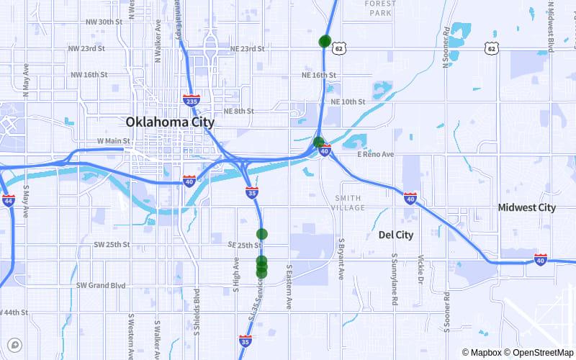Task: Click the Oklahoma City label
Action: point(169,122)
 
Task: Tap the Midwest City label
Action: point(527,207)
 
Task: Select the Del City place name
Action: point(396,235)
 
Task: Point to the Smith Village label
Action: point(350,202)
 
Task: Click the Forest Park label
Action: point(380,9)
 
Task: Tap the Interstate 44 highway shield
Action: point(8,199)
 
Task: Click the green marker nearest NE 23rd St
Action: point(325,41)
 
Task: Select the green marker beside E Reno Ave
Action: point(319,142)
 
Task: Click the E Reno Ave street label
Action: point(376,155)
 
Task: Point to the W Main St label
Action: point(113,141)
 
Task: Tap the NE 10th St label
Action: point(348,102)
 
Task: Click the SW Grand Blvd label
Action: point(101,285)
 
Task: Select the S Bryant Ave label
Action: point(342,258)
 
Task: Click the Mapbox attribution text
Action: point(481,353)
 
